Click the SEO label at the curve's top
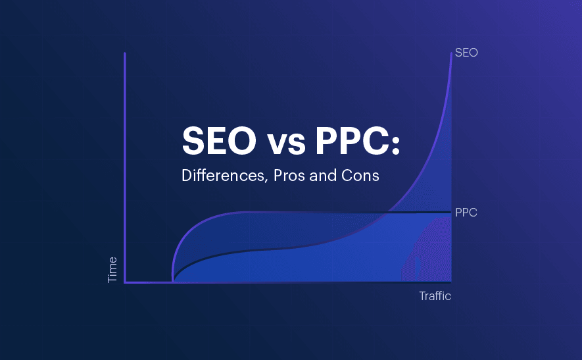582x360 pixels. (x=466, y=53)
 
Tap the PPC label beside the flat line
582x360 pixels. (x=466, y=213)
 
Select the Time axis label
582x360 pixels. (x=112, y=270)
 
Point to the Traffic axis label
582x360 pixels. (x=435, y=296)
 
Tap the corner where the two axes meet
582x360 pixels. (x=125, y=282)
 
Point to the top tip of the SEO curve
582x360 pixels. (x=452, y=53)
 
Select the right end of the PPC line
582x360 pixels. (x=450, y=212)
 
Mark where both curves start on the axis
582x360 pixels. (x=172, y=282)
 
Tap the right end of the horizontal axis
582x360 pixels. (x=451, y=282)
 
